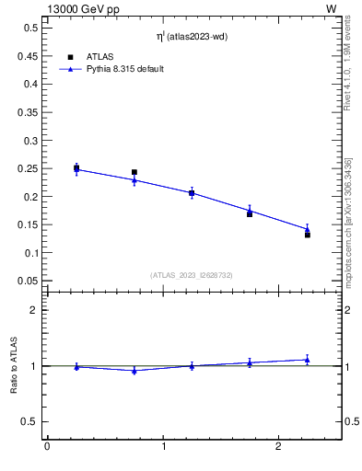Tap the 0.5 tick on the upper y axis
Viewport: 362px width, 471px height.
(x=30, y=28)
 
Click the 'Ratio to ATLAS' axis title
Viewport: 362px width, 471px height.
(x=14, y=365)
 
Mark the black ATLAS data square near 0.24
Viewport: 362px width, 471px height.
(x=134, y=172)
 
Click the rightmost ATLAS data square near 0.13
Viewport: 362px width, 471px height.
(x=308, y=235)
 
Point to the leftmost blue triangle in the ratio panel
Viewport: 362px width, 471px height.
(x=76, y=367)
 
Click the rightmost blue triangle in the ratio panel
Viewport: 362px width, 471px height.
(x=308, y=360)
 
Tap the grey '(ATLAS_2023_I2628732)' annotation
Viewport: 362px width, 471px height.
(x=192, y=274)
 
